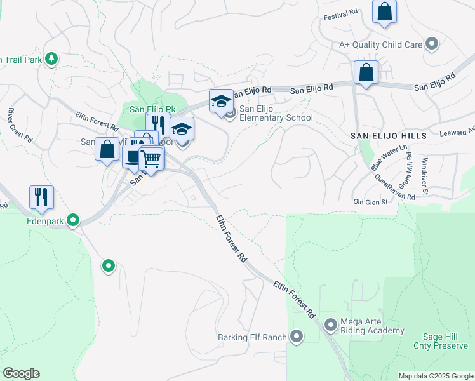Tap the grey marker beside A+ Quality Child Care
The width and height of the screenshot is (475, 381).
pos(432,44)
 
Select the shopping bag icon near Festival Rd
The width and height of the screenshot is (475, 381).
pos(384,12)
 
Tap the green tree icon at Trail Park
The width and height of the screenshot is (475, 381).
pos(51,59)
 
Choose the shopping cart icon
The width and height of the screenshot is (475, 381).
pos(151,159)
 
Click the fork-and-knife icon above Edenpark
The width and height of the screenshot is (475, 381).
pos(41,197)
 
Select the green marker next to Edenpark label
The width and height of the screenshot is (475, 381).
pos(74,220)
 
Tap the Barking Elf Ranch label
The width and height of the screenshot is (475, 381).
pos(252,337)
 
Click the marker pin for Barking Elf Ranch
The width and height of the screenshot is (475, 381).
pos(297,337)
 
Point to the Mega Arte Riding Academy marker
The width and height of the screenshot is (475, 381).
pos(330,325)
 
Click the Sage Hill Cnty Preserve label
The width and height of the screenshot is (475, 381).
pos(445,341)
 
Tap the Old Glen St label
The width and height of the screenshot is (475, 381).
pos(371,202)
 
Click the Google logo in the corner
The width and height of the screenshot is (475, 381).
pos(21,373)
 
